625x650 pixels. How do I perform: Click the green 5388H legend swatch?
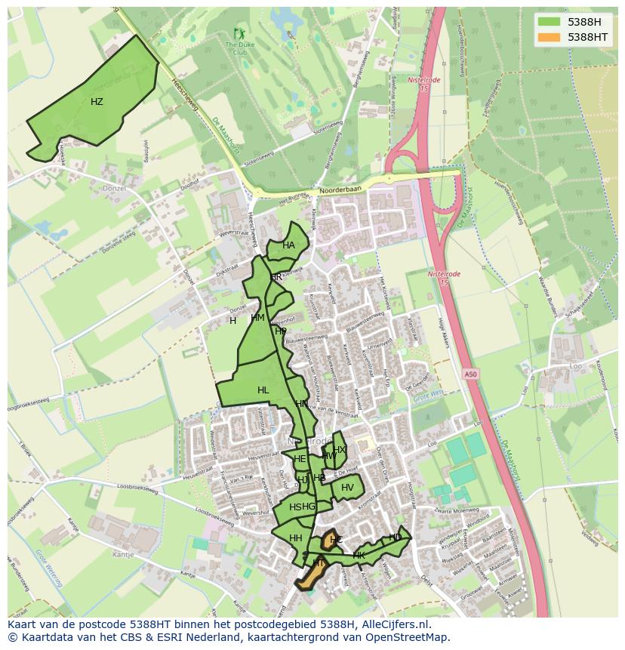pos(549,22)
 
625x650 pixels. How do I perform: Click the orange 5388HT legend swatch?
pos(549,37)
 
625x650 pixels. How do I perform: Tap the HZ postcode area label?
pos(97,102)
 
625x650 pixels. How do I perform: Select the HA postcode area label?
pos(288,245)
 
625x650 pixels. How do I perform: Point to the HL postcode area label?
pos(263,390)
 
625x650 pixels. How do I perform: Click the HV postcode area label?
pos(347,488)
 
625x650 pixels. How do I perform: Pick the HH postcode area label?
pos(295,538)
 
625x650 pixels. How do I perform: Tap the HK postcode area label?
pos(359,556)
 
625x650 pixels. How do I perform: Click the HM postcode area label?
pos(257,318)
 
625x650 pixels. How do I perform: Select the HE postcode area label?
pos(300,459)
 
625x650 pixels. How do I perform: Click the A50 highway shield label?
pos(471,374)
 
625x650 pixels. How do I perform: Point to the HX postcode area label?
pos(340,450)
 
